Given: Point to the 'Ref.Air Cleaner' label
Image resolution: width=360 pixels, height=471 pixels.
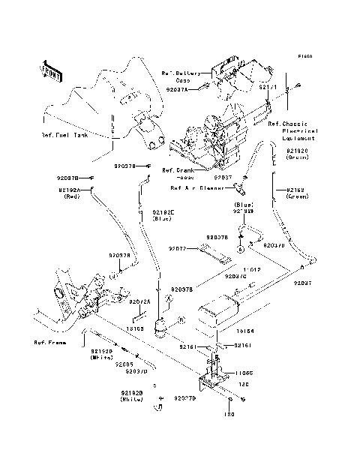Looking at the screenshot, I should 197,188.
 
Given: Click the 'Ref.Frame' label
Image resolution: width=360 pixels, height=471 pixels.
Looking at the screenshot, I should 49,342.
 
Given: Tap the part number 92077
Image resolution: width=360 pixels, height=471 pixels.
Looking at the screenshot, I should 177,248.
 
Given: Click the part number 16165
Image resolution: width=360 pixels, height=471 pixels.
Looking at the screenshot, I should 134,328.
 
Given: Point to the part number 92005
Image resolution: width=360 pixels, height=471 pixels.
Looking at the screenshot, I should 124,364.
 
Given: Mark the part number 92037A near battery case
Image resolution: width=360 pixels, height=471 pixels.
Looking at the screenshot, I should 187,88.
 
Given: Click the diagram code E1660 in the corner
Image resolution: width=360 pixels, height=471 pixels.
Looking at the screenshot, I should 304,56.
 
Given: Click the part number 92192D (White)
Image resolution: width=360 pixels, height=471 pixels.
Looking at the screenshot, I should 133,395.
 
